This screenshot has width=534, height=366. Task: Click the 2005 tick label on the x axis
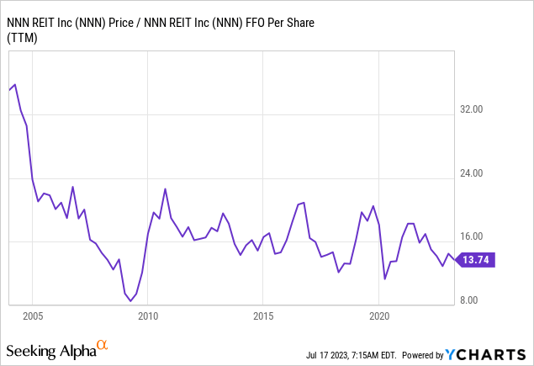click(x=33, y=316)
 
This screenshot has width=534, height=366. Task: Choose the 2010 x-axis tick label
click(x=148, y=316)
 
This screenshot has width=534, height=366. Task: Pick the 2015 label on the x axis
click(x=263, y=316)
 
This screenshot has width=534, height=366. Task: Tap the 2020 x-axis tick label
click(x=378, y=316)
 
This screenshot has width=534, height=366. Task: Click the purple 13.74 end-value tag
click(x=478, y=260)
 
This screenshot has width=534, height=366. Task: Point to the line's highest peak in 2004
click(x=15, y=85)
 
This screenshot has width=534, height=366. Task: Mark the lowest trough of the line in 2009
click(x=130, y=300)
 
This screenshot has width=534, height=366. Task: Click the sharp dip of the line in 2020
click(x=384, y=278)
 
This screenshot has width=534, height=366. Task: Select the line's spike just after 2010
click(x=165, y=188)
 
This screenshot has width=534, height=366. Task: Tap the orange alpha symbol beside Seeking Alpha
click(x=102, y=344)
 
